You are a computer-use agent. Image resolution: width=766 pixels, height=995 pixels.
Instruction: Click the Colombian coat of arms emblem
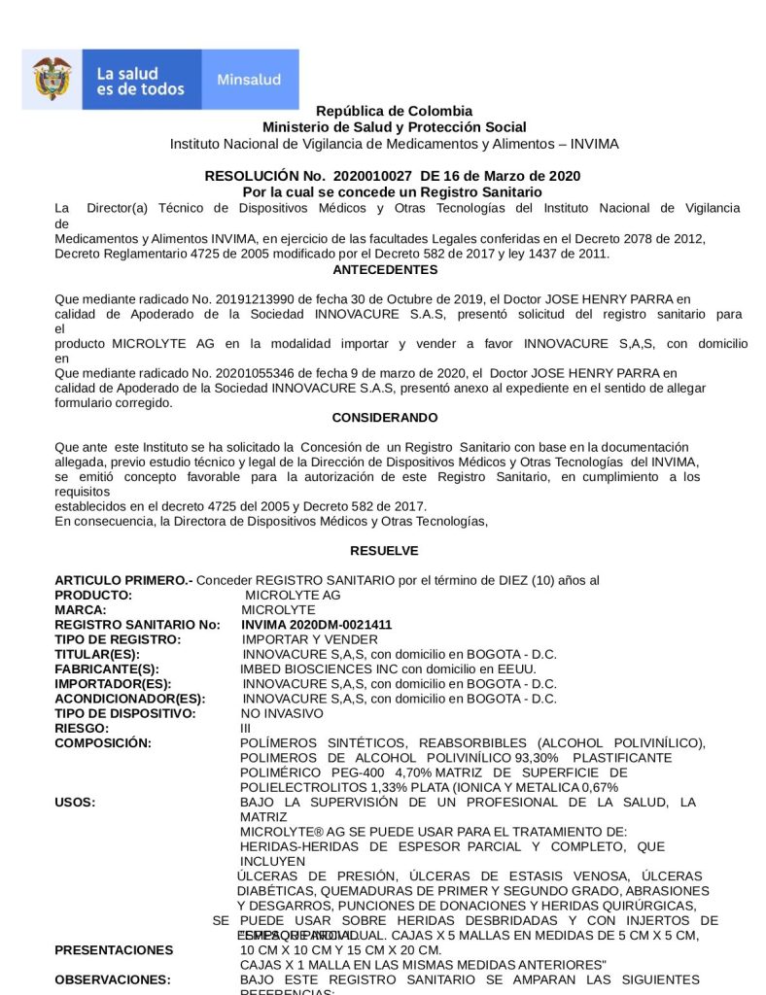52,80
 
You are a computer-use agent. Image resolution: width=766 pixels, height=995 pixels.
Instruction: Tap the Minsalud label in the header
249,80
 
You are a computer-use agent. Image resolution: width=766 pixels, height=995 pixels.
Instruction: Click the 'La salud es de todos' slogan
140,81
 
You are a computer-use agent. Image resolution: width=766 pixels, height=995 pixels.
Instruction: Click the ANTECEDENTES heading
385,269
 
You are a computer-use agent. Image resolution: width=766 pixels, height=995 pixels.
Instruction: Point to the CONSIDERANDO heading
385,417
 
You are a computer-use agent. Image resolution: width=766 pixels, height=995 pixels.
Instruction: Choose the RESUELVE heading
385,550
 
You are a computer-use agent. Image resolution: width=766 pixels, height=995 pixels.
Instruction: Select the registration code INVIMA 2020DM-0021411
317,625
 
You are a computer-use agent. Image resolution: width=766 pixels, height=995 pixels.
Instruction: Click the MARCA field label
81,610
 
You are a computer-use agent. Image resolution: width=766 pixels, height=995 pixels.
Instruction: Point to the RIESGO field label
82,728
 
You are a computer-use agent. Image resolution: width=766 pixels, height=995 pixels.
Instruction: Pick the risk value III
246,728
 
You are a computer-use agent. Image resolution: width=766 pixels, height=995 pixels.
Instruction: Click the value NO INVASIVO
281,713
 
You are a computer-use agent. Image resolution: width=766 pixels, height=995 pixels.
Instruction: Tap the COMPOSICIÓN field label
103,742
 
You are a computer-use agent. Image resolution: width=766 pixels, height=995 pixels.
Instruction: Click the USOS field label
75,802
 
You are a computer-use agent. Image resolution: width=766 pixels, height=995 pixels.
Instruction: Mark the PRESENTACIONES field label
114,949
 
